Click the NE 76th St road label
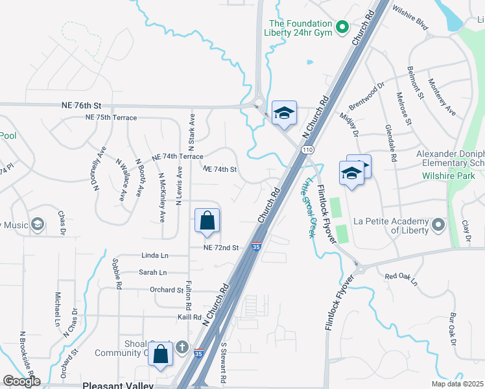click(82, 105)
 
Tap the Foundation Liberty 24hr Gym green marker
click(344, 27)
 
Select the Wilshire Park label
click(449, 176)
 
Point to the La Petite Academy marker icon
click(438, 225)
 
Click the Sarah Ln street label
click(152, 273)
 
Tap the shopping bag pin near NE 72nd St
click(206, 220)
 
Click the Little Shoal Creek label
click(307, 207)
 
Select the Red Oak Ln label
click(401, 277)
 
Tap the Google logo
click(21, 381)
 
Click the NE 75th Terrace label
click(111, 117)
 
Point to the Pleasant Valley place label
click(118, 385)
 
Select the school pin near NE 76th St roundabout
click(283, 113)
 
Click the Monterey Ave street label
click(442, 98)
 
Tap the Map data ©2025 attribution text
click(456, 384)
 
